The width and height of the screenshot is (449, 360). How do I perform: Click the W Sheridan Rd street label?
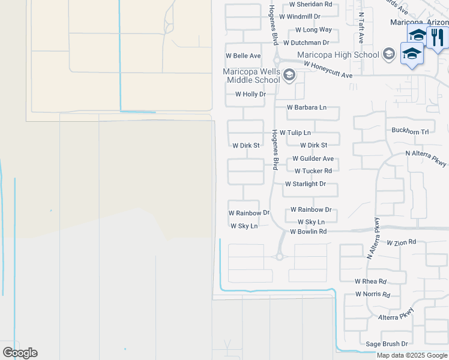coord(310,4)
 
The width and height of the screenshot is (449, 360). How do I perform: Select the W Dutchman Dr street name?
coord(306,43)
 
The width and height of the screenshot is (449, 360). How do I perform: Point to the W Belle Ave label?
coord(243,56)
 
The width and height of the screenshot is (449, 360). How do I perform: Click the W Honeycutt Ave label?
coord(328,70)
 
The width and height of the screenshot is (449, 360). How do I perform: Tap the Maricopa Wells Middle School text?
coord(252,75)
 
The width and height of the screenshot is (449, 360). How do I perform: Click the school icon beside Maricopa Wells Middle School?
coord(289,75)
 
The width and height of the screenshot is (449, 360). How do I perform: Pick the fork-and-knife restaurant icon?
coord(438,37)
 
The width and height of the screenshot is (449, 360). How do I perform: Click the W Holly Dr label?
coord(250,94)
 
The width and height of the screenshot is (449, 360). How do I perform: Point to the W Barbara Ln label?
coord(307,107)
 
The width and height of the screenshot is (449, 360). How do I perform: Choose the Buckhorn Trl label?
coord(410,131)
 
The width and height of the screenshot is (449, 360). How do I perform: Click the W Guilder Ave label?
coord(313,159)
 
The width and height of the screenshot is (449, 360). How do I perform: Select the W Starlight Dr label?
coord(305,184)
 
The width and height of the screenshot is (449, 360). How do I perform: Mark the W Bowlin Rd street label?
coord(308,232)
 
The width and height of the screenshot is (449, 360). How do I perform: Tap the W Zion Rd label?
coord(402,243)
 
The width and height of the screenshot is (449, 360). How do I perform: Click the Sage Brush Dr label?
coord(387,344)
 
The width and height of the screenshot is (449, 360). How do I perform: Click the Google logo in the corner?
coord(20,353)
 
